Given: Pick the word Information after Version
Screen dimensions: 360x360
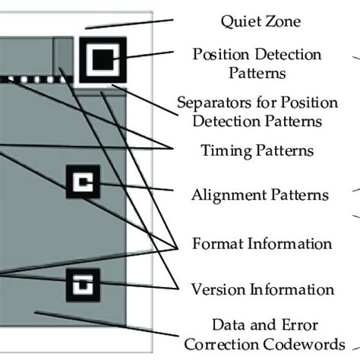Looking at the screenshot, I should point(292,289).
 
